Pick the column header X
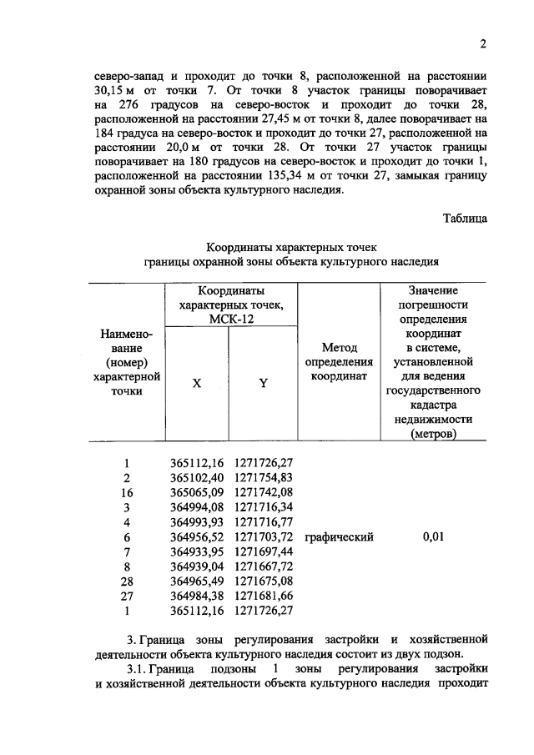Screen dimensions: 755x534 [x=197, y=384]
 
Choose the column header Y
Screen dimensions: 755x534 [x=263, y=384]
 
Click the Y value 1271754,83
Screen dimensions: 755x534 [x=264, y=478]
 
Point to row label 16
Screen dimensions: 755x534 [x=127, y=493]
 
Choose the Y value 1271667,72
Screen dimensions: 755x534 [x=264, y=568]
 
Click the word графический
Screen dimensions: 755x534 [x=339, y=538]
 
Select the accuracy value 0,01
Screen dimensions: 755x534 [x=434, y=538]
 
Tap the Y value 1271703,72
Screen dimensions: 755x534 [x=264, y=538]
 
